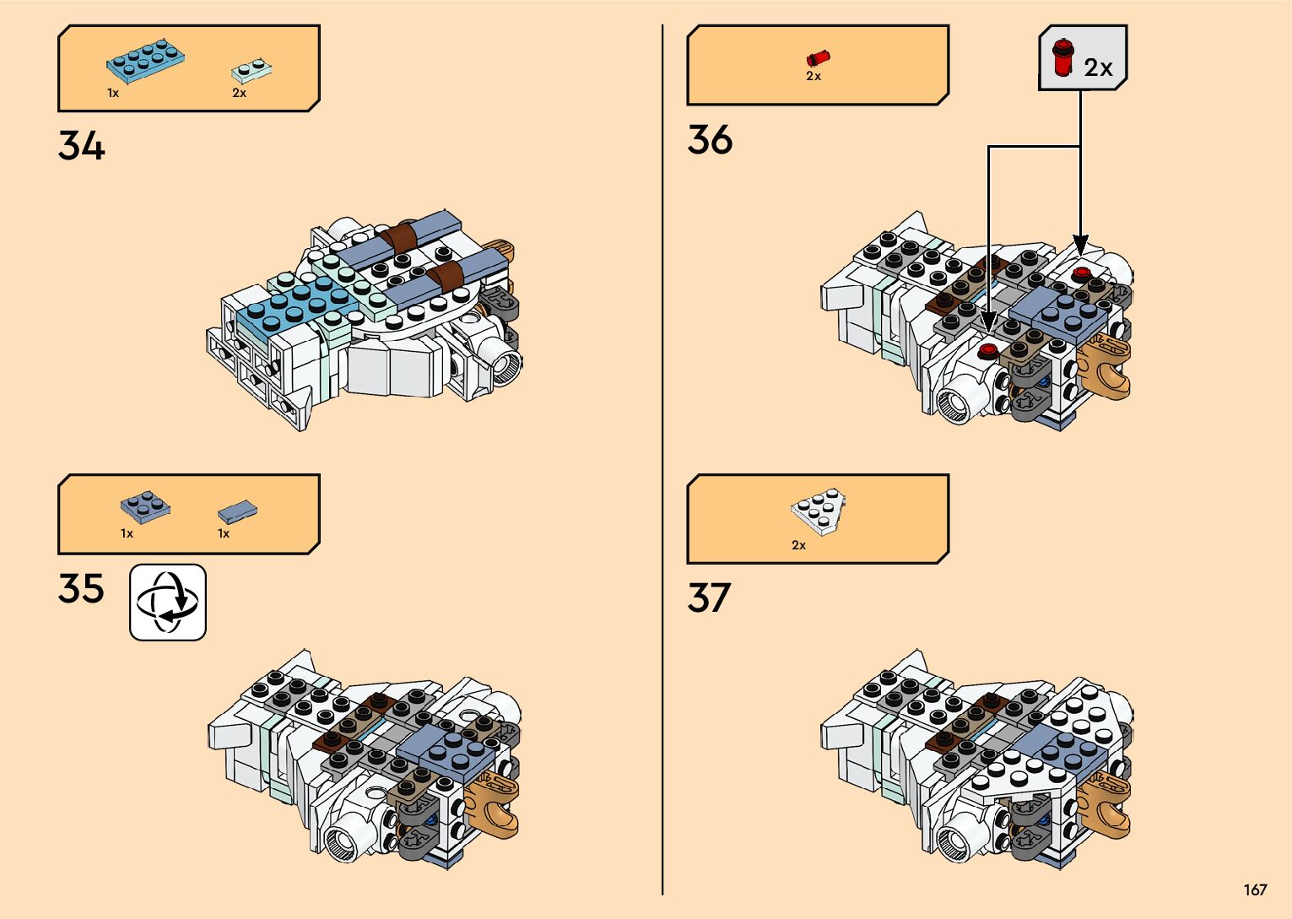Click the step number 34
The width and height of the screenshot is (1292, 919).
[x=82, y=145]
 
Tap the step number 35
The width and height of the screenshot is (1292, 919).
[x=81, y=588]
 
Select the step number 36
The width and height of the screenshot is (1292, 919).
[x=710, y=139]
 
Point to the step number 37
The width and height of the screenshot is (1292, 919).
[x=709, y=597]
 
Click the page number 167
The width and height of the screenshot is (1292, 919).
[x=1254, y=889]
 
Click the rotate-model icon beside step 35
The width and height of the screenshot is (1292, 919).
[x=168, y=603]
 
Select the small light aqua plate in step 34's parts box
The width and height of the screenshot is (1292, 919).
[x=252, y=70]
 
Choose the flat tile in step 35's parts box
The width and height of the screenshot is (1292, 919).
[x=237, y=511]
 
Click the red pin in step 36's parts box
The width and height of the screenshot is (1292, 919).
[x=818, y=57]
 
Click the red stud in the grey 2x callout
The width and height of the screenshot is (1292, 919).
[x=1062, y=57]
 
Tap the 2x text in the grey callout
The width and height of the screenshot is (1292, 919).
[x=1098, y=68]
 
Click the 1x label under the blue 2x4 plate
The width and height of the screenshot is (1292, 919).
[x=113, y=93]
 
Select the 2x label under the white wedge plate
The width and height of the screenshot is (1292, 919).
[x=798, y=545]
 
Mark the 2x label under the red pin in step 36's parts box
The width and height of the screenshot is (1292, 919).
[x=814, y=76]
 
